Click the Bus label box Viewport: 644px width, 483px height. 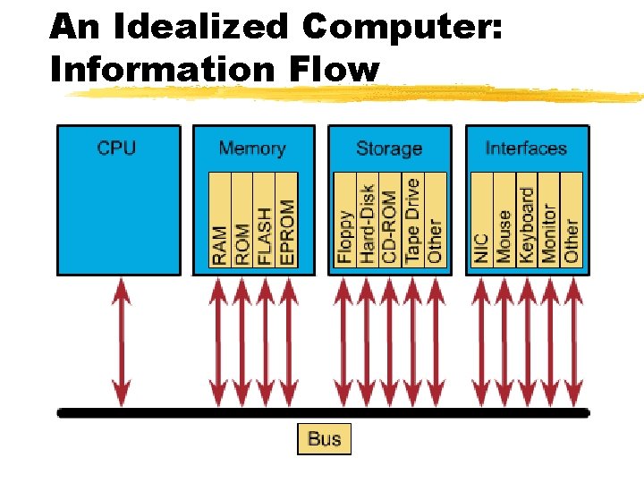point(324,438)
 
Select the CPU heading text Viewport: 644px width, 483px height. point(117,148)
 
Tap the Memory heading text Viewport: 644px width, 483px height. point(252,148)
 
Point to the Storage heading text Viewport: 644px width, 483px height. point(389,148)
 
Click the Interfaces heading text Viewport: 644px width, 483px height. point(526,148)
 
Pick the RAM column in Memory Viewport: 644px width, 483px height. point(220,219)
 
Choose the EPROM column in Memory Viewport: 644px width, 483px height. point(286,219)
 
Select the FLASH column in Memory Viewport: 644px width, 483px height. point(264,219)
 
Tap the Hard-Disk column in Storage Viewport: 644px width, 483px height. point(367,219)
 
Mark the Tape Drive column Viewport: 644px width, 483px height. point(411,219)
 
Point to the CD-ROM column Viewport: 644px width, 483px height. point(389,219)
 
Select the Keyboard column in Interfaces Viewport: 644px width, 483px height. point(526,219)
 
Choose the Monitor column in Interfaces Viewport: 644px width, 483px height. point(548,219)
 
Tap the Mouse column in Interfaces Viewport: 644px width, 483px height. point(504,219)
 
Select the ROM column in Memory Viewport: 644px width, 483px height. point(242,219)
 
